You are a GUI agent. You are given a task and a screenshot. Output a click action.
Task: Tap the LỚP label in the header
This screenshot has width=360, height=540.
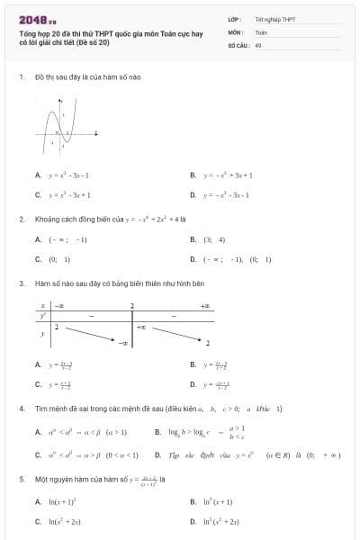(x=233, y=19)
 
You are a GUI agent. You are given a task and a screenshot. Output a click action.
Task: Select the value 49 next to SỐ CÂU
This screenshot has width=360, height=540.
(x=258, y=43)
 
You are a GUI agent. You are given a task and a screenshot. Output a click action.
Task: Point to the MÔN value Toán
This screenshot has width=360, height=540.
(x=261, y=31)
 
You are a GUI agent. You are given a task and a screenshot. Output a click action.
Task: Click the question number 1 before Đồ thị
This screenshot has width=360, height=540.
(x=22, y=77)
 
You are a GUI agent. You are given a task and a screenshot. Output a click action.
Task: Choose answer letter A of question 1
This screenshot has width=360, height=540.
(x=38, y=175)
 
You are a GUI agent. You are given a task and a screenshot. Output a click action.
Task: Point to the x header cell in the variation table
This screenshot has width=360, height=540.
(x=42, y=306)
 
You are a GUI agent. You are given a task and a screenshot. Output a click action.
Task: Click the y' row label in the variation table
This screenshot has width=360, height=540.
(x=42, y=316)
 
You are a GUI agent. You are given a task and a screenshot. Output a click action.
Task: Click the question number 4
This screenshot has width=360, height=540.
(x=22, y=409)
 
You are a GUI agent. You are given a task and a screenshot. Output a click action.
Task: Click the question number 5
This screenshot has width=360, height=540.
(x=22, y=479)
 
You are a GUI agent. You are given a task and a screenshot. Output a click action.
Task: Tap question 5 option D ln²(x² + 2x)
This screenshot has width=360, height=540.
(x=220, y=521)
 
